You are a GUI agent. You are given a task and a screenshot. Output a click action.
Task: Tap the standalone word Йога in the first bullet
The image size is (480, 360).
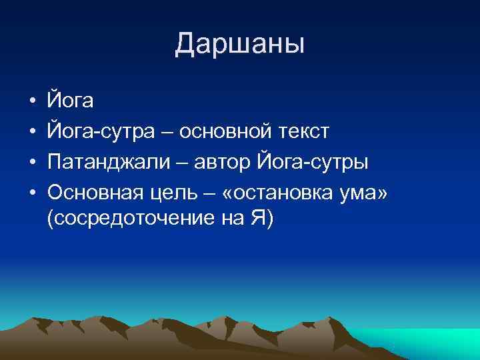[x=71, y=102]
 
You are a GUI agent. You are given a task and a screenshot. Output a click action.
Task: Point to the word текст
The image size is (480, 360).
[x=303, y=132]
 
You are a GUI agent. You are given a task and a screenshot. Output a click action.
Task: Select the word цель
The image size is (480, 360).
[x=177, y=193]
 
